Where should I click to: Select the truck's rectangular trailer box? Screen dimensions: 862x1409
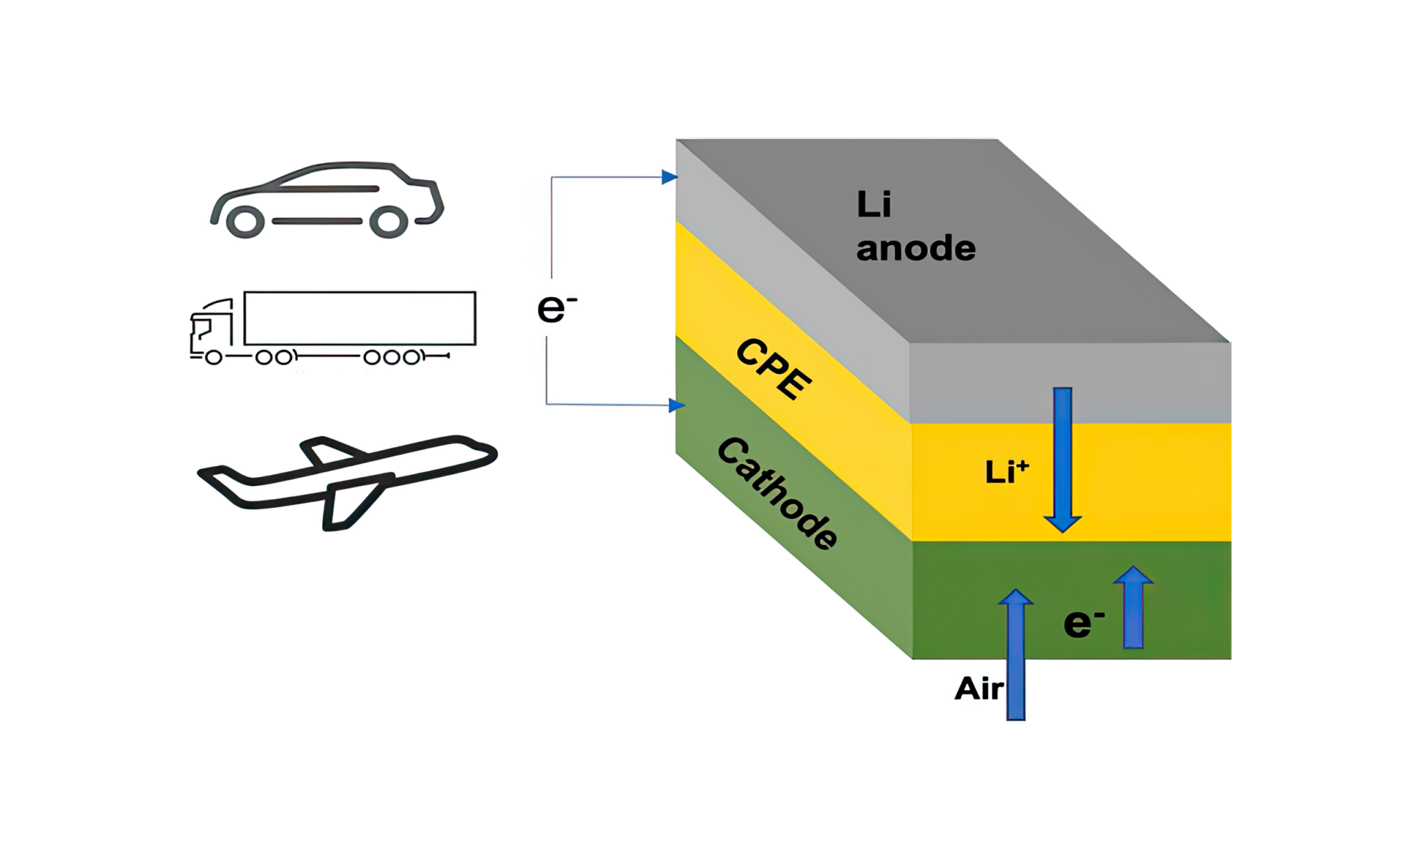tap(360, 318)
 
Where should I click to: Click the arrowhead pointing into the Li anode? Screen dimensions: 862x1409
tap(669, 177)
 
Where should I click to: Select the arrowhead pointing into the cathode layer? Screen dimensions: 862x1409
tap(676, 406)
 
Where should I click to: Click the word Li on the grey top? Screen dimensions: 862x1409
tap(874, 204)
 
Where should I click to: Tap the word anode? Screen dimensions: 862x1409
tap(916, 248)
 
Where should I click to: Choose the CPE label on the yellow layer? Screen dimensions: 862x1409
tap(774, 368)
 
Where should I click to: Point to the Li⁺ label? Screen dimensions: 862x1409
tap(1007, 472)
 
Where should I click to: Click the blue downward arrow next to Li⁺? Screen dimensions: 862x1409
tap(1063, 461)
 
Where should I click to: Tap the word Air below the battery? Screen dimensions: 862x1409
tap(978, 689)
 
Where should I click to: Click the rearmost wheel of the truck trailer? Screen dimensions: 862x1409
tap(411, 357)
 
